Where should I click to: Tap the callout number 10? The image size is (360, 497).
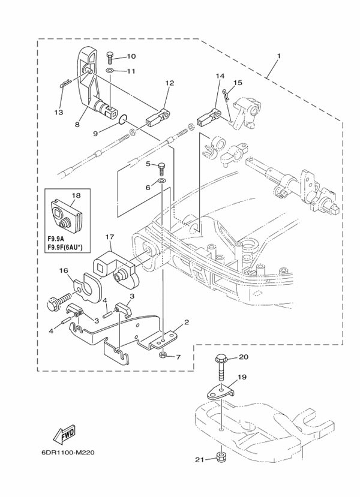131,56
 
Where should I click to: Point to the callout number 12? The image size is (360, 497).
169,83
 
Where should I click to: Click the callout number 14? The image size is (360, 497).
220,76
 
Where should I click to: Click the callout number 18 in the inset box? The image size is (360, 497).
76,195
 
